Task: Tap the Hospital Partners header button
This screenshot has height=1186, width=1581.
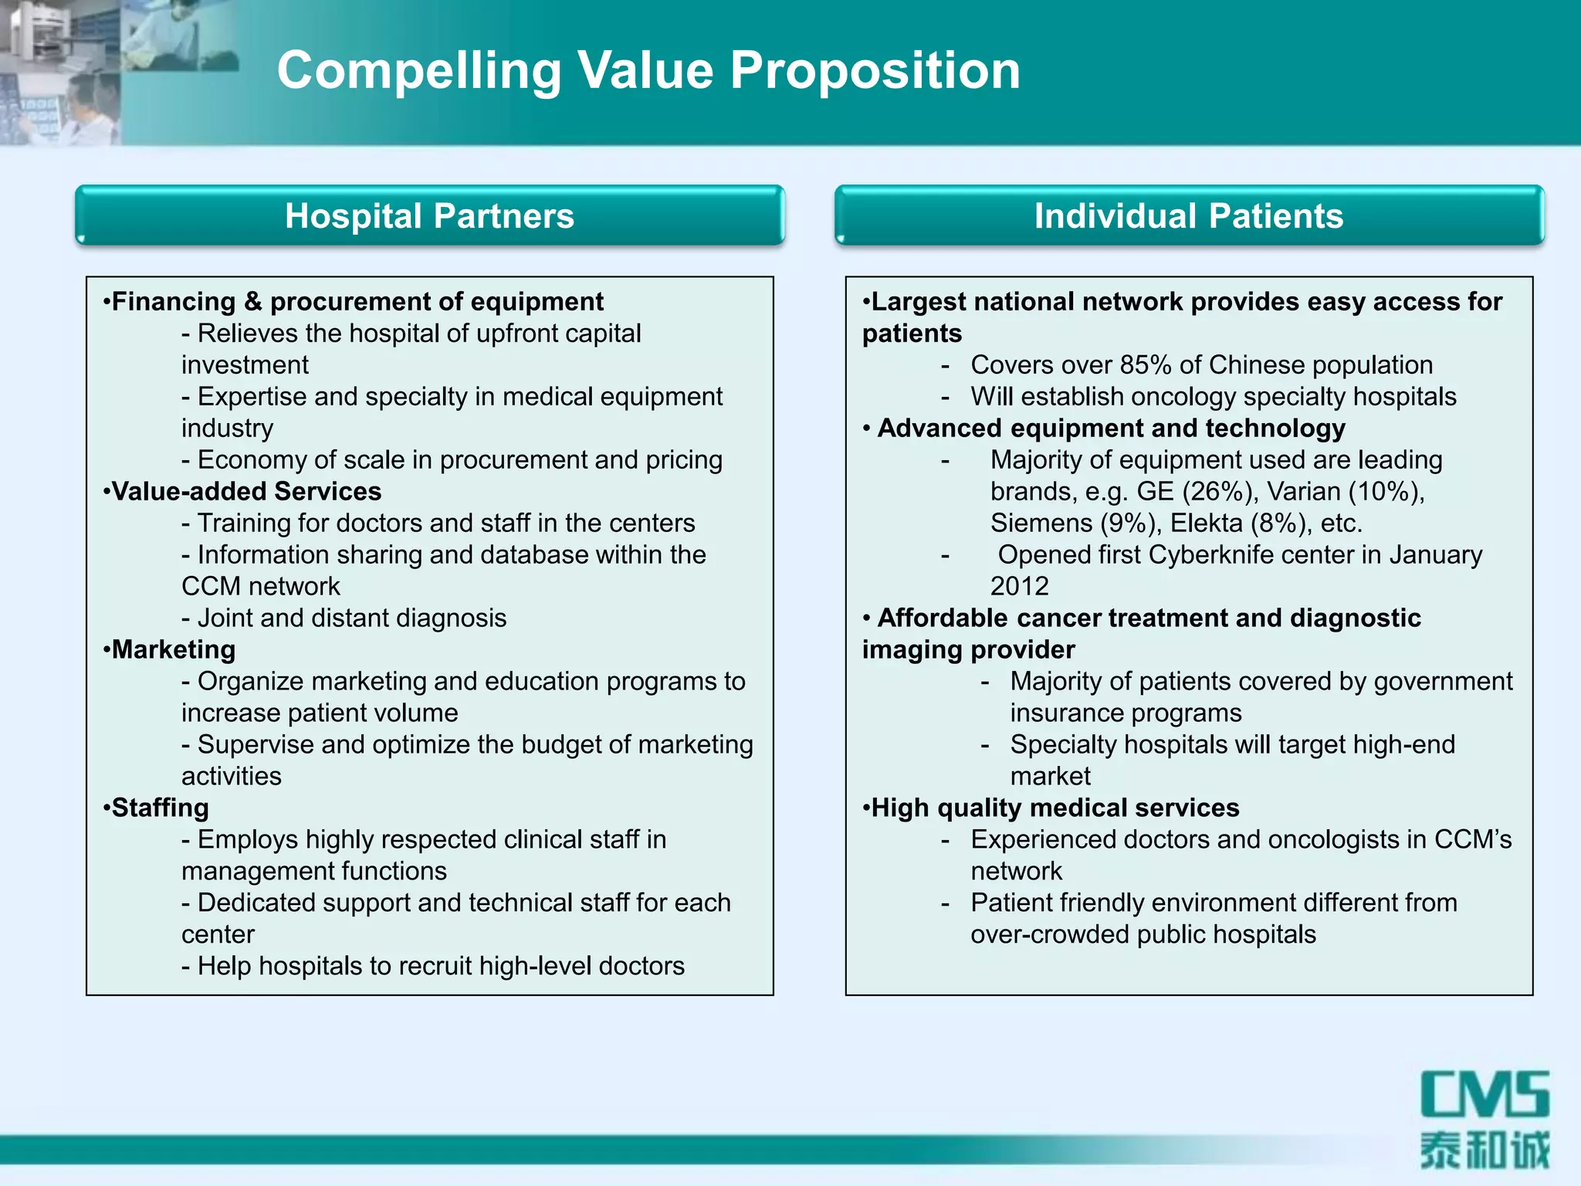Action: coord(430,216)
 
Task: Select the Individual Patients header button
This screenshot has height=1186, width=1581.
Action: coord(1189,216)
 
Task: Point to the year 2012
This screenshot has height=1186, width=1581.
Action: coord(1019,587)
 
